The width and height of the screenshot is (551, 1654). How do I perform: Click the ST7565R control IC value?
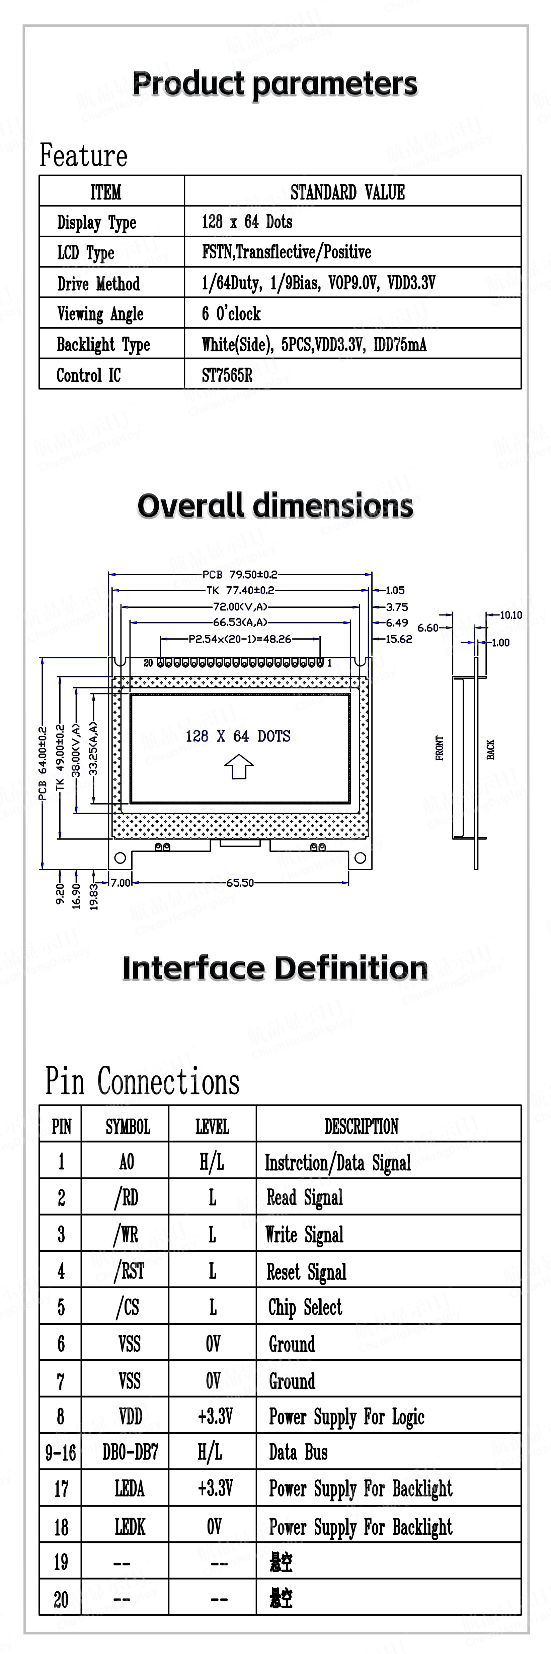tap(227, 375)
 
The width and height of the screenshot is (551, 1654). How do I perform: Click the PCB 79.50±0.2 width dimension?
tap(240, 574)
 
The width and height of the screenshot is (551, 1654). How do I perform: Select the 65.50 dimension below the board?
tap(240, 882)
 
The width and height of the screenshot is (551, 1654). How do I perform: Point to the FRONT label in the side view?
tap(440, 748)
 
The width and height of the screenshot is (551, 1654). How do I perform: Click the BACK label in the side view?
tap(491, 749)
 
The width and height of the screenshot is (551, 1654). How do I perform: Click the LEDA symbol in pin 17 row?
tap(130, 1488)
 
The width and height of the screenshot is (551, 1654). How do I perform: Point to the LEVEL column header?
tap(212, 1126)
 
